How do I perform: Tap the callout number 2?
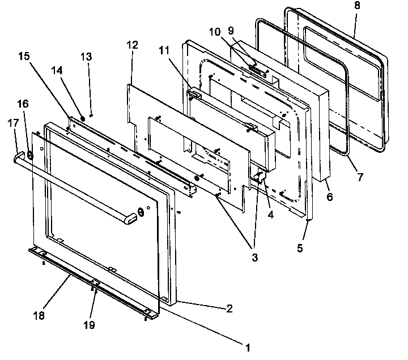click(x=229, y=308)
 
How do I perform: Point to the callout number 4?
click(x=271, y=215)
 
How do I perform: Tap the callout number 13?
click(x=86, y=57)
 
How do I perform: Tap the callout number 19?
click(x=90, y=325)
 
